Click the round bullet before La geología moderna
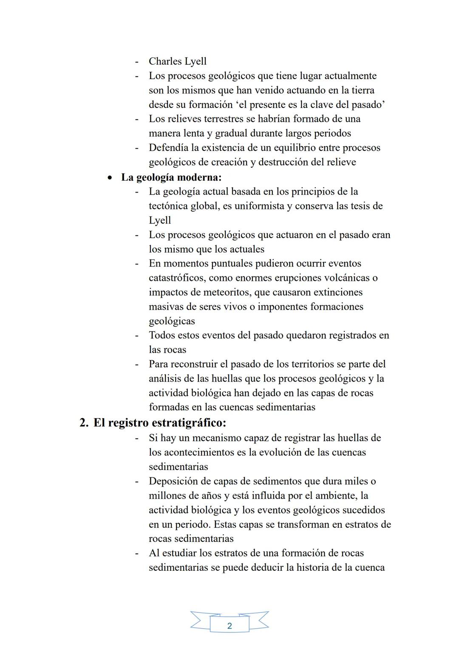110,177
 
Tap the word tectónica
170,206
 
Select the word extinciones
338,292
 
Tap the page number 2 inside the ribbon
229,626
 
